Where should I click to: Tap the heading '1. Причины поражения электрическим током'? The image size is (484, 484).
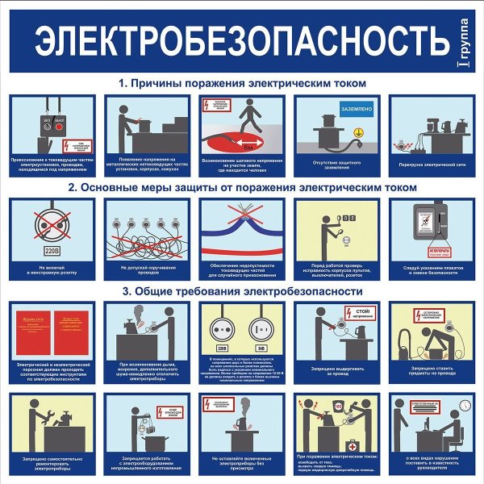(x=242, y=83)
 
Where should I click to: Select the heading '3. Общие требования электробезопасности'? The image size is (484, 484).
(x=242, y=291)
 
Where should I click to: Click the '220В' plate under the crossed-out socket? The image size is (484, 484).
(x=45, y=250)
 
